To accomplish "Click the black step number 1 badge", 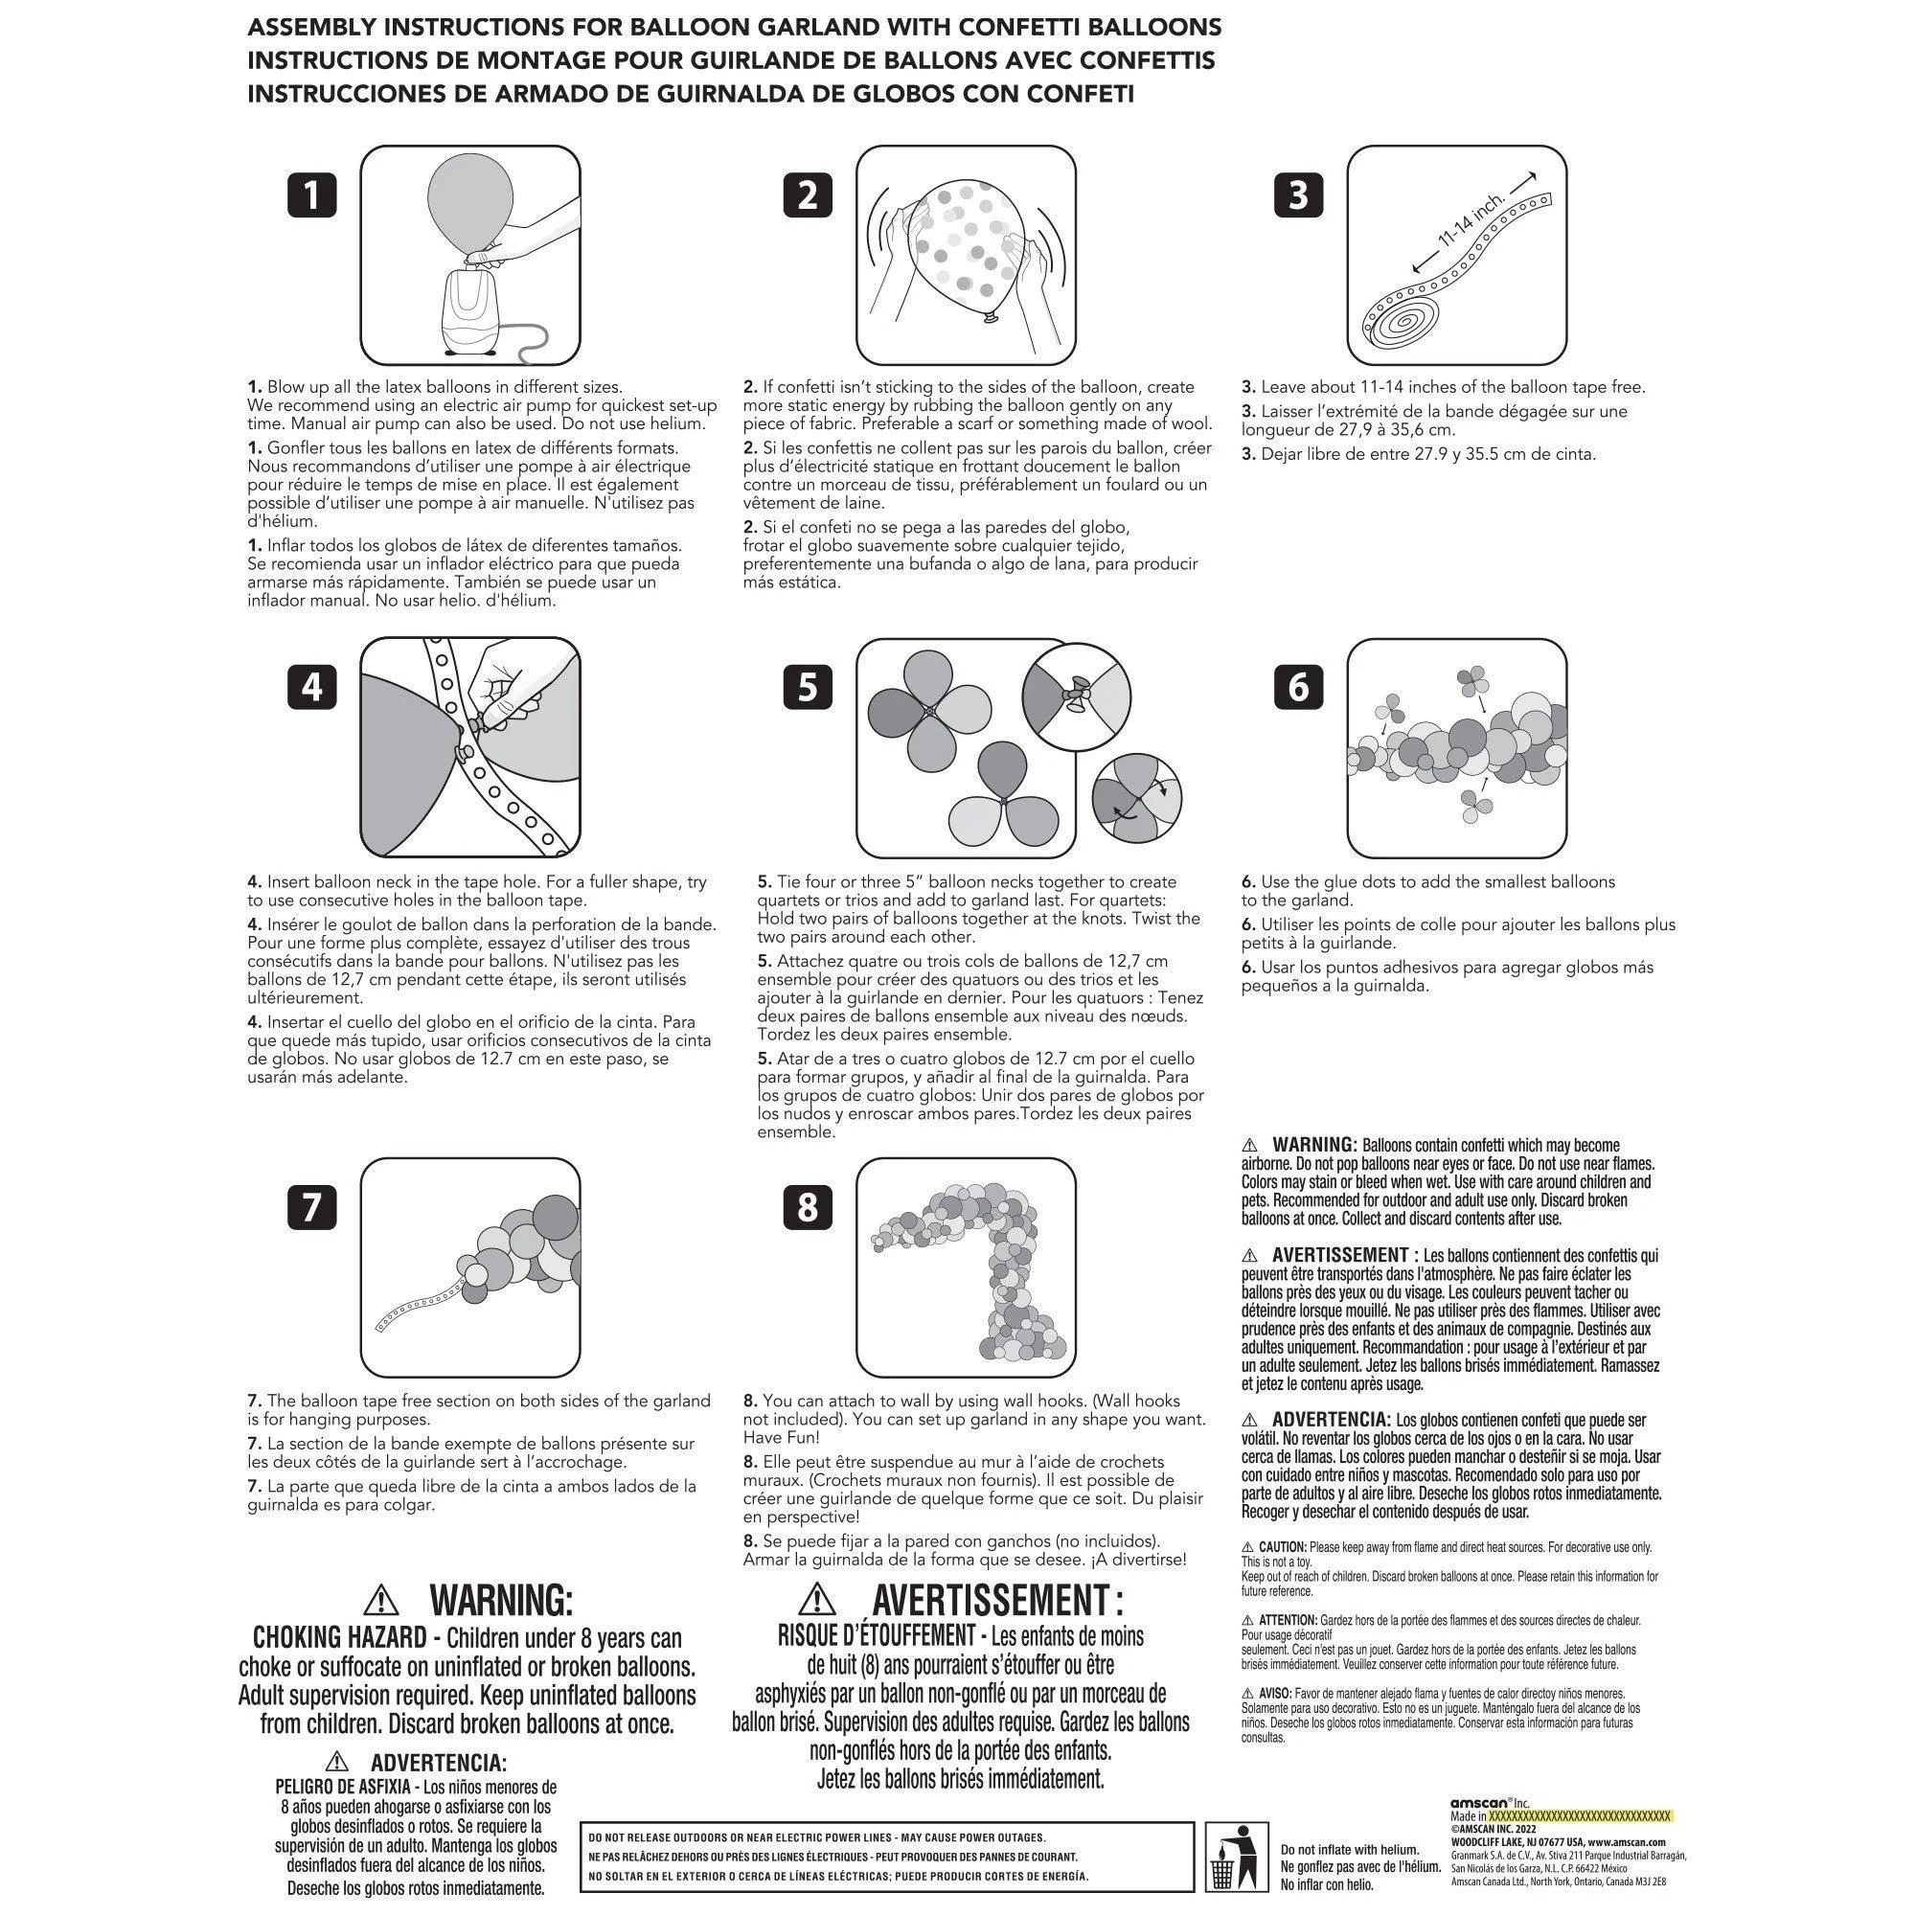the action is coord(312,195).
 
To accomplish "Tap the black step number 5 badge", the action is coord(808,686).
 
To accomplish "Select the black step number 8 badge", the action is coord(808,1207).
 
